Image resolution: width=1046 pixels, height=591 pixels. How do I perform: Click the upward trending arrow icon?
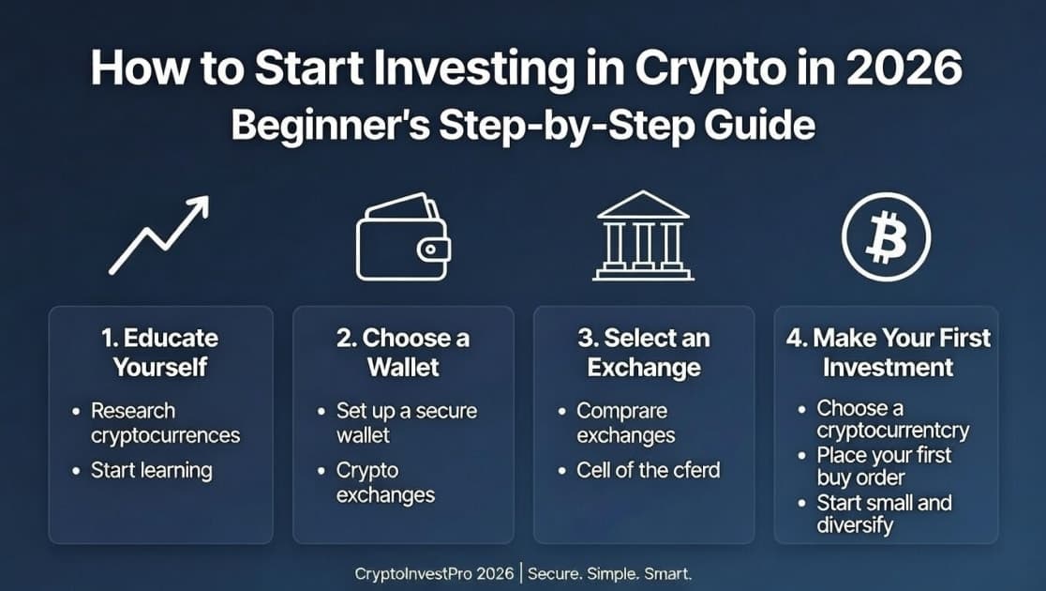(x=158, y=235)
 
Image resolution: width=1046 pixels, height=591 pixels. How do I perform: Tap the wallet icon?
(x=403, y=238)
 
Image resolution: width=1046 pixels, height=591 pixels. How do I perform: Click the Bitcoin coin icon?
(x=885, y=235)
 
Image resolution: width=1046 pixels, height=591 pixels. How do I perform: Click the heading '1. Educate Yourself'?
(x=159, y=352)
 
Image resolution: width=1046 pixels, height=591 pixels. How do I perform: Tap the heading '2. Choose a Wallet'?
(x=403, y=352)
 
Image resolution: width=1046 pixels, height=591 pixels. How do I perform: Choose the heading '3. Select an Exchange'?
(x=644, y=352)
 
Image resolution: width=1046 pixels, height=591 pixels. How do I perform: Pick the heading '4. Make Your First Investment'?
(x=887, y=352)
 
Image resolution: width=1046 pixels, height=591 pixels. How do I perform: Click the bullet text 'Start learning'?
(x=151, y=470)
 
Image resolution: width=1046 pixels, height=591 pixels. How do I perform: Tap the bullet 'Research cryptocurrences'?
(x=165, y=423)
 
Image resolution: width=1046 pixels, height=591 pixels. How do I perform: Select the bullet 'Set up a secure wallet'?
(x=407, y=423)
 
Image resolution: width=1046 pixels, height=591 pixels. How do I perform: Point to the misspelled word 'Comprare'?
(x=622, y=411)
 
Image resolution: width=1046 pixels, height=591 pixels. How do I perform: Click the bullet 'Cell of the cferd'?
(x=648, y=470)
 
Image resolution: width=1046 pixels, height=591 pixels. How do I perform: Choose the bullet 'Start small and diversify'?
(x=884, y=514)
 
